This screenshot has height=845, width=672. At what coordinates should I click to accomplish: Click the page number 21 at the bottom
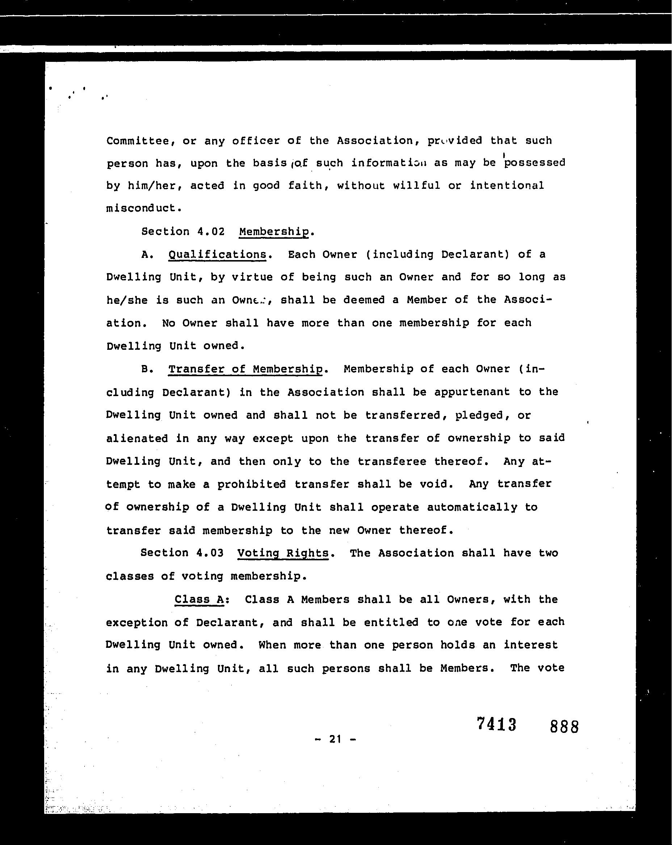[x=335, y=739]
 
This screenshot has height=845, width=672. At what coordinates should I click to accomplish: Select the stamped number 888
[x=564, y=727]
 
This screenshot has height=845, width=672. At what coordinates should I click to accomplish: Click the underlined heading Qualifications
[x=217, y=255]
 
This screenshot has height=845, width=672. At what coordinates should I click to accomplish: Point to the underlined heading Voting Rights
[x=283, y=553]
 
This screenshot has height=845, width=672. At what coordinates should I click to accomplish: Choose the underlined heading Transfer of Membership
[x=245, y=369]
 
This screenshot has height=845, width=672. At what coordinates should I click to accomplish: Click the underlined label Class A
[x=199, y=599]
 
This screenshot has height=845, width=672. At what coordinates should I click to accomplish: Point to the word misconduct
[x=144, y=208]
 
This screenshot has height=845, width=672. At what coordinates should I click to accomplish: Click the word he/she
[x=127, y=301]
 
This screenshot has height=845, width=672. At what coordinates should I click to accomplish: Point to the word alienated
[x=137, y=438]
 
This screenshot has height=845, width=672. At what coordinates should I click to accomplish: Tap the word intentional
[x=507, y=185]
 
